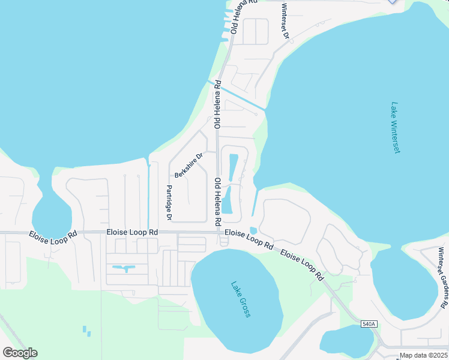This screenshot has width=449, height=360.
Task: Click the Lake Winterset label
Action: (x=394, y=127)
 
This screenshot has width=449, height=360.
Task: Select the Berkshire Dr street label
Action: (x=189, y=166)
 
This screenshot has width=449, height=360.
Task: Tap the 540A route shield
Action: (x=369, y=324)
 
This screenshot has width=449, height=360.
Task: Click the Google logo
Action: (x=19, y=352)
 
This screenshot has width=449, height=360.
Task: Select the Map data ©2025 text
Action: (x=423, y=355)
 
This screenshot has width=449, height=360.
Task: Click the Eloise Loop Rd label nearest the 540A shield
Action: (x=303, y=266)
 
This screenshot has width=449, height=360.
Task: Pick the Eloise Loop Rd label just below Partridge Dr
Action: (x=132, y=232)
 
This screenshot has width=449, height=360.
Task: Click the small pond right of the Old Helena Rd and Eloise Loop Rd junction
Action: (x=253, y=230)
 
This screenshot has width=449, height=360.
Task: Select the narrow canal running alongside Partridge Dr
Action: (x=148, y=192)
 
